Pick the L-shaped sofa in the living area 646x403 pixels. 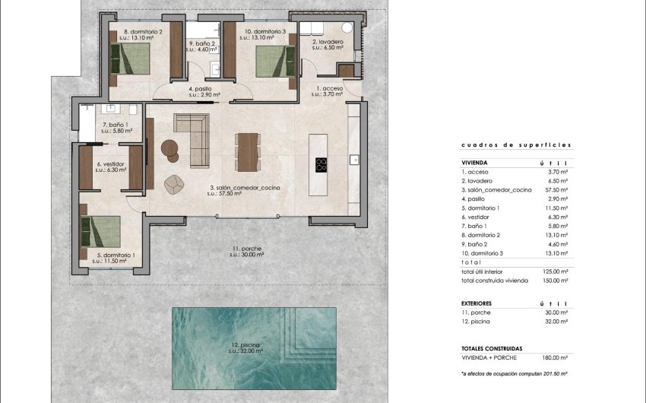pyautogui.click(x=193, y=135)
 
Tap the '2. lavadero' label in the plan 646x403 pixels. pyautogui.click(x=328, y=43)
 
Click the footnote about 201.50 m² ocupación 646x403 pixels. pyautogui.click(x=515, y=374)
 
